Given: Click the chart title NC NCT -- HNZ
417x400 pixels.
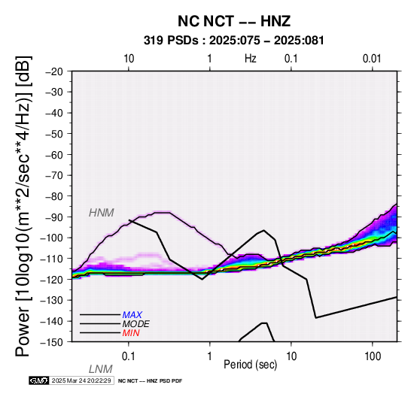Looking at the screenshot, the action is point(234,21).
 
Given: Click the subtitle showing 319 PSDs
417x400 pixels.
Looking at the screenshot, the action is point(234,41).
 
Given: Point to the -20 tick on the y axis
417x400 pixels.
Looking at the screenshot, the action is point(54,71).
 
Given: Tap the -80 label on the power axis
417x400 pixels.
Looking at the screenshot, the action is point(54,196).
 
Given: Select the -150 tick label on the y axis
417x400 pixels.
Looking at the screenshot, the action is point(52,342).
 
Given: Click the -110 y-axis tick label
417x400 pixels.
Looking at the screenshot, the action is point(52,259).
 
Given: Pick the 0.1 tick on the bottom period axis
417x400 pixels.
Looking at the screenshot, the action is point(129,356).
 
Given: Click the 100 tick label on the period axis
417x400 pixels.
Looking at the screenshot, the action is point(373,356).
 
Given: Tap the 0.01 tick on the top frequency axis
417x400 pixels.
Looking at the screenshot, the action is point(372,59).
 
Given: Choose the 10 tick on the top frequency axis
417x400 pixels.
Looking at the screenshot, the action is point(129,59).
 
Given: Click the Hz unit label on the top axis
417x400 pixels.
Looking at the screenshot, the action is point(250,59).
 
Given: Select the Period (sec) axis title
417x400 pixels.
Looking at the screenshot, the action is point(250,365).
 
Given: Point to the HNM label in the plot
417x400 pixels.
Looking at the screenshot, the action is point(102,213).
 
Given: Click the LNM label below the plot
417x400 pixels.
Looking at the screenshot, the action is point(101,369).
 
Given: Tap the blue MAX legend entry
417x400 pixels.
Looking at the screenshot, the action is point(132,315).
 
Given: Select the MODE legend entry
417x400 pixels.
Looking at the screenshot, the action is point(136,324).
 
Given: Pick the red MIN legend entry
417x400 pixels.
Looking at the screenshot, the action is point(131,333).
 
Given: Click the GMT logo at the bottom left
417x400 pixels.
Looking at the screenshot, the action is point(38,380).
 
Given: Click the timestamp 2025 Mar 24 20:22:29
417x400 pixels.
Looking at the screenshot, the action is point(81,380).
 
